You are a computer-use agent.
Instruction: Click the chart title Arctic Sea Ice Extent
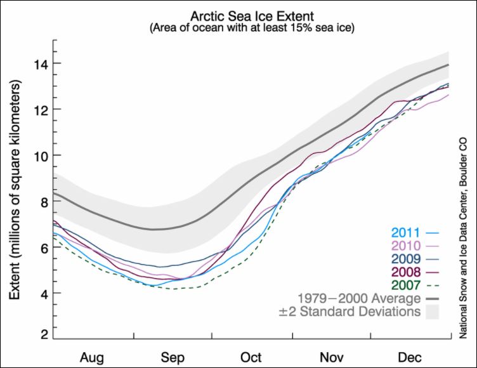(251, 16)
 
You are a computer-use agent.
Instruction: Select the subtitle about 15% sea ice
(251, 29)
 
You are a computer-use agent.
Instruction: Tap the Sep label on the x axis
(173, 357)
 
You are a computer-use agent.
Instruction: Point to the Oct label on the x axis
(251, 357)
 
